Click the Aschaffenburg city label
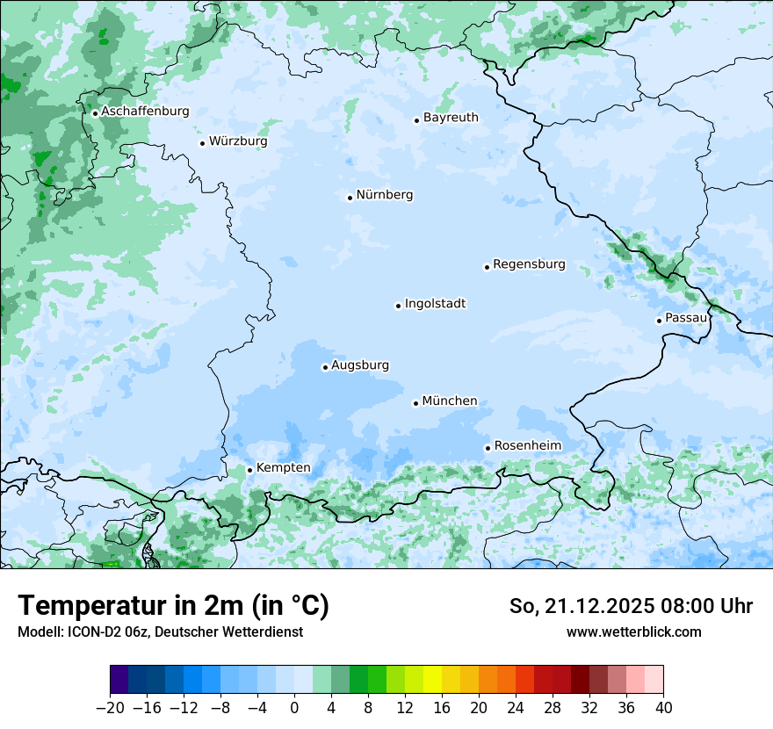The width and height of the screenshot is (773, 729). click(145, 112)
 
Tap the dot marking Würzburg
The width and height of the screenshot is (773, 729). click(202, 143)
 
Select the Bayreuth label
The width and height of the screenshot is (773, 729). click(451, 118)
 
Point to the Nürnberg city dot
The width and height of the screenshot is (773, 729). click(350, 198)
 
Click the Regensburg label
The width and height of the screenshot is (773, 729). click(529, 264)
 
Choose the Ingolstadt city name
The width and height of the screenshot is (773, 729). click(435, 304)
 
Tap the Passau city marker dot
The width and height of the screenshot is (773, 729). click(659, 321)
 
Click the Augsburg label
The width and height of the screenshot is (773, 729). click(360, 365)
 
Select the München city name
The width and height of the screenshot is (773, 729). click(450, 401)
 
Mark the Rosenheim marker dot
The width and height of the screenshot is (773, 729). click(488, 448)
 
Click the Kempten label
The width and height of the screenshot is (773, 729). click(283, 468)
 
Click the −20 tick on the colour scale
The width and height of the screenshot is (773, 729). click(110, 708)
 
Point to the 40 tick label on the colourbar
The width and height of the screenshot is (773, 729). click(663, 708)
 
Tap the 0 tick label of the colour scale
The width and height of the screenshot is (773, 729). click(294, 708)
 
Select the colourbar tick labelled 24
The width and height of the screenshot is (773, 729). click(516, 708)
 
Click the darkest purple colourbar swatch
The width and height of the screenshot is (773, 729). click(119, 680)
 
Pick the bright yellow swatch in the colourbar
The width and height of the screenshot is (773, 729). click(432, 680)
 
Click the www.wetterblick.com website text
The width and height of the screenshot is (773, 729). click(633, 632)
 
